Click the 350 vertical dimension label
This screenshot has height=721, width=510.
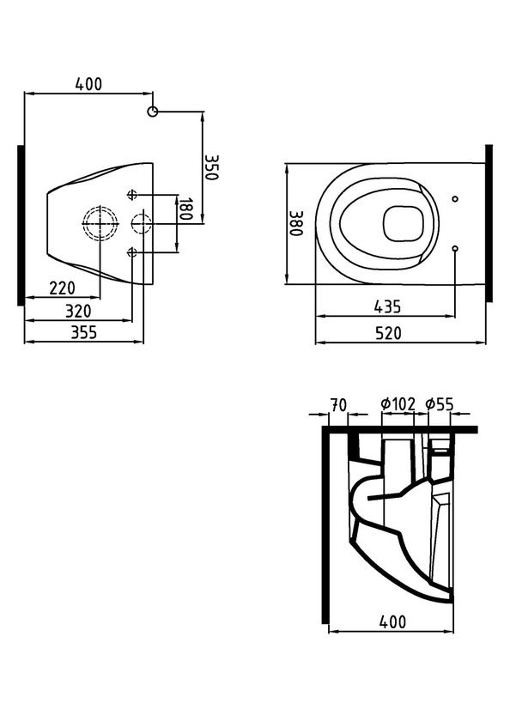pos(210,167)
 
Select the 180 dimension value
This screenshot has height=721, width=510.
pos(185,209)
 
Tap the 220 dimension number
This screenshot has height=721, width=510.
pos(62,288)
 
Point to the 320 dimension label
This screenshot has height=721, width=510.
pos(78,311)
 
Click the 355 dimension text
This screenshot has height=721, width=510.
pos(83,332)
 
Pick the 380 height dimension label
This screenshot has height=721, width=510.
pos(295,223)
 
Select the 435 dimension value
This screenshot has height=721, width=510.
pos(387,306)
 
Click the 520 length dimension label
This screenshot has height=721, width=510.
pos(388,333)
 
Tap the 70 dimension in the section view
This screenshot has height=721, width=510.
pos(338,405)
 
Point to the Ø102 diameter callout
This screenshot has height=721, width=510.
pos(398,404)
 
